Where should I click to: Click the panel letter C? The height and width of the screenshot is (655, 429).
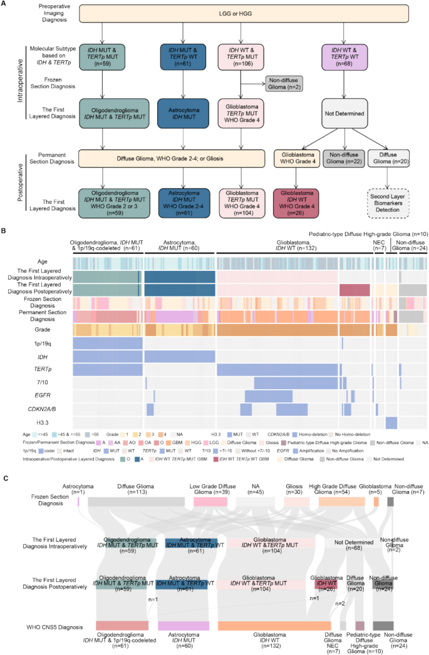(x=6, y=443)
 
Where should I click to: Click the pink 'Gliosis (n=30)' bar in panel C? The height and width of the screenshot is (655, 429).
(x=296, y=467)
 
